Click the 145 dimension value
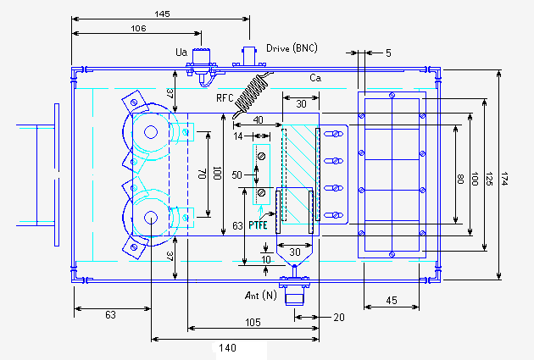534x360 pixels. [x=162, y=14]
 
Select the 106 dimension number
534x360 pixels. [x=138, y=28]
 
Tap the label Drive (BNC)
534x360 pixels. [x=292, y=48]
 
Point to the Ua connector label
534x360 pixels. [x=181, y=52]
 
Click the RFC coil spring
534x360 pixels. [x=252, y=93]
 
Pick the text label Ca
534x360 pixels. [x=315, y=78]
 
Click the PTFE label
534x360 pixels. [x=258, y=225]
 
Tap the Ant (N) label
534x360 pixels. [x=261, y=295]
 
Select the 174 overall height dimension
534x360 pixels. [x=504, y=179]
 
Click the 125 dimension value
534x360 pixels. [x=489, y=179]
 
